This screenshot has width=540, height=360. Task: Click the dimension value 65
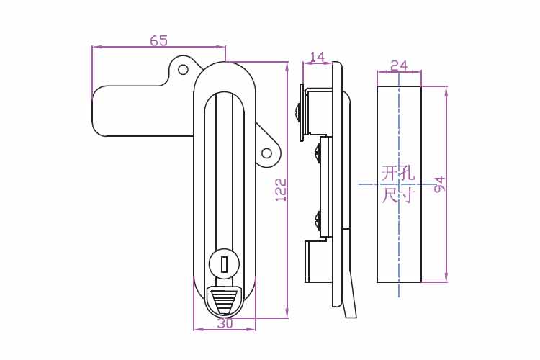(159, 40)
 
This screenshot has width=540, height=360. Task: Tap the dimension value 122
(282, 189)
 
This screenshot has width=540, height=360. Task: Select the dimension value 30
(225, 323)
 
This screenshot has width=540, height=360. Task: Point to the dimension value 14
(317, 57)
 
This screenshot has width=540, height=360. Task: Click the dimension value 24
(399, 66)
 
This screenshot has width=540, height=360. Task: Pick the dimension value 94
(439, 184)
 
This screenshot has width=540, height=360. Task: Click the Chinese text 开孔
(398, 174)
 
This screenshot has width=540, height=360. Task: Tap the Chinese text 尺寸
(397, 195)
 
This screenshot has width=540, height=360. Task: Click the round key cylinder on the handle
(224, 264)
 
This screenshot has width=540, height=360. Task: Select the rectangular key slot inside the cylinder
(224, 264)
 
